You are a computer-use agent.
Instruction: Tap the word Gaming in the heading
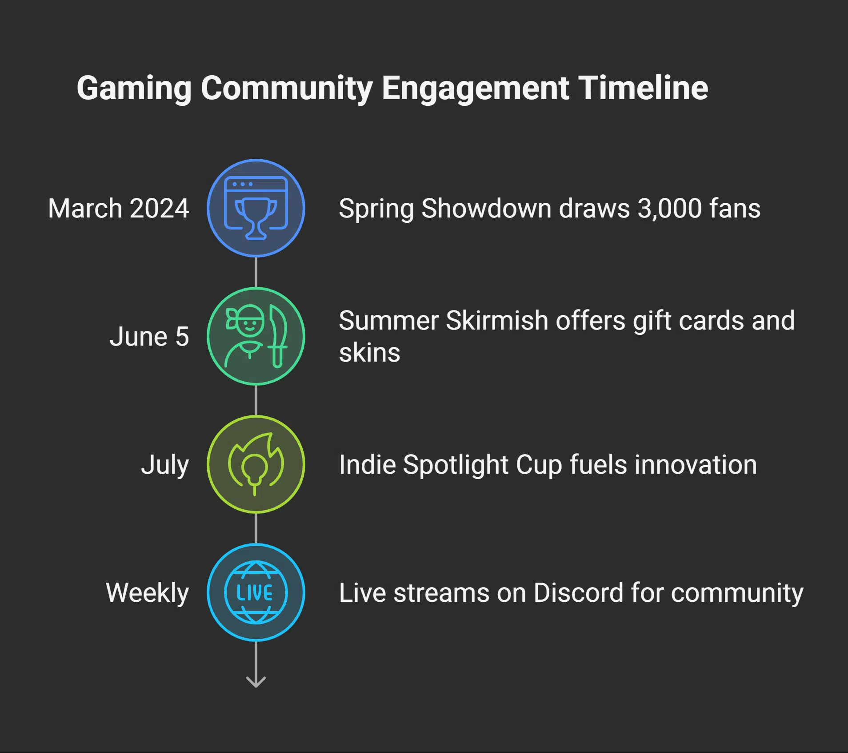(x=134, y=89)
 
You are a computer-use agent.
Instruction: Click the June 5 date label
(x=149, y=336)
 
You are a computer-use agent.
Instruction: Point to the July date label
(x=165, y=465)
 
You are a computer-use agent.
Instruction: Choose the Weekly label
(x=147, y=593)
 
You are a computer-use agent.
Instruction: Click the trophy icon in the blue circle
(x=256, y=217)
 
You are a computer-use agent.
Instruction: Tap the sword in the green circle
(x=279, y=336)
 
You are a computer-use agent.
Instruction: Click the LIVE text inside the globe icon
(x=255, y=593)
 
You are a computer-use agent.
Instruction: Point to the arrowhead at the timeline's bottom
(x=256, y=682)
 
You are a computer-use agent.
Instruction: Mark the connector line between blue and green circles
(x=256, y=272)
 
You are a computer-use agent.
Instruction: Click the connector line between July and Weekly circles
(x=256, y=528)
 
